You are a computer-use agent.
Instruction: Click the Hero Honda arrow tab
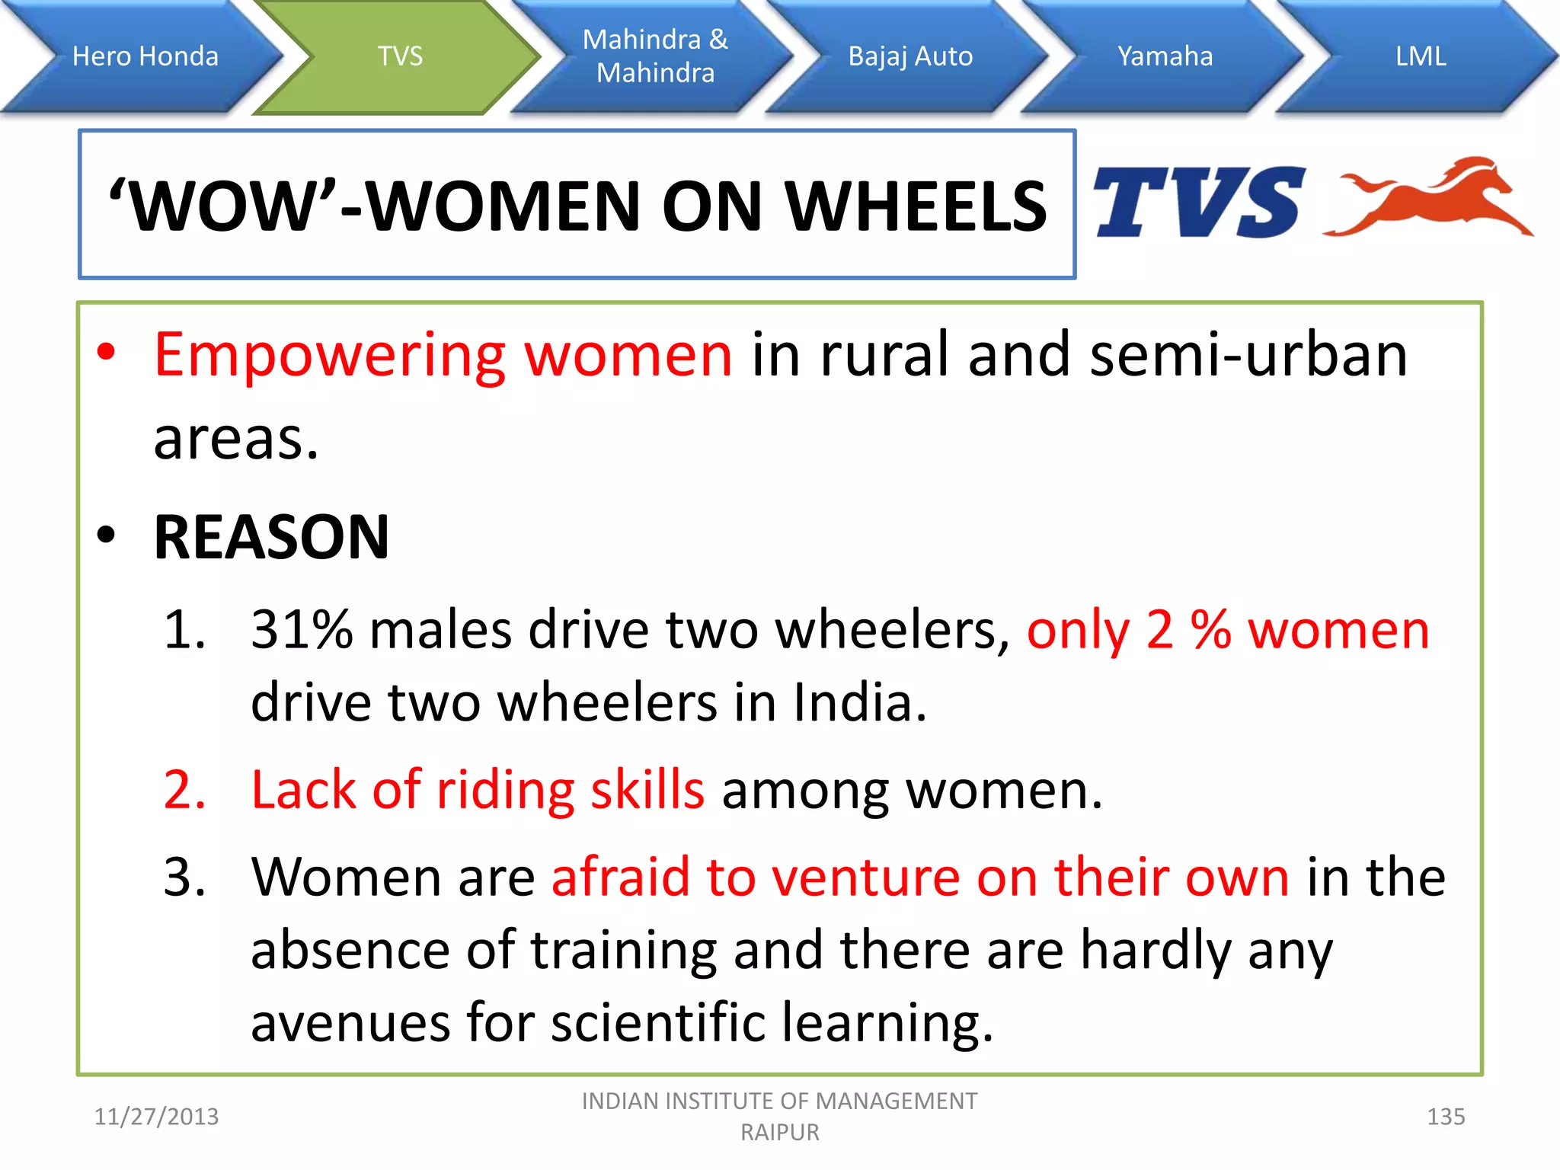point(145,56)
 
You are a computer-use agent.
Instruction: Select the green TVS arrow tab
point(400,56)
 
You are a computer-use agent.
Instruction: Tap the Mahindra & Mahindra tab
point(655,56)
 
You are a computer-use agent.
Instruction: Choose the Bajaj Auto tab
point(910,56)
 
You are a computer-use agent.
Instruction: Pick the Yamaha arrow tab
point(1165,56)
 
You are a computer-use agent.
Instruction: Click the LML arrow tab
point(1420,56)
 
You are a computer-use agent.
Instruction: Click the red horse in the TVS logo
point(1432,200)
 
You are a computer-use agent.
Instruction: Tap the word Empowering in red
point(330,356)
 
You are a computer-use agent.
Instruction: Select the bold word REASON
point(271,537)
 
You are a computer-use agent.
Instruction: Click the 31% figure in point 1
point(302,631)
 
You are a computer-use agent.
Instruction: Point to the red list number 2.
point(185,790)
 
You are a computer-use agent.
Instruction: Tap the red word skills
point(647,790)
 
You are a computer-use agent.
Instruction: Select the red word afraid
point(620,877)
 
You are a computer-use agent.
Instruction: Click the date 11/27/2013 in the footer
point(156,1117)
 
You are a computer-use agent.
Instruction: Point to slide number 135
point(1445,1117)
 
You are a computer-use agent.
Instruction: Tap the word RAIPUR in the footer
point(779,1133)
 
